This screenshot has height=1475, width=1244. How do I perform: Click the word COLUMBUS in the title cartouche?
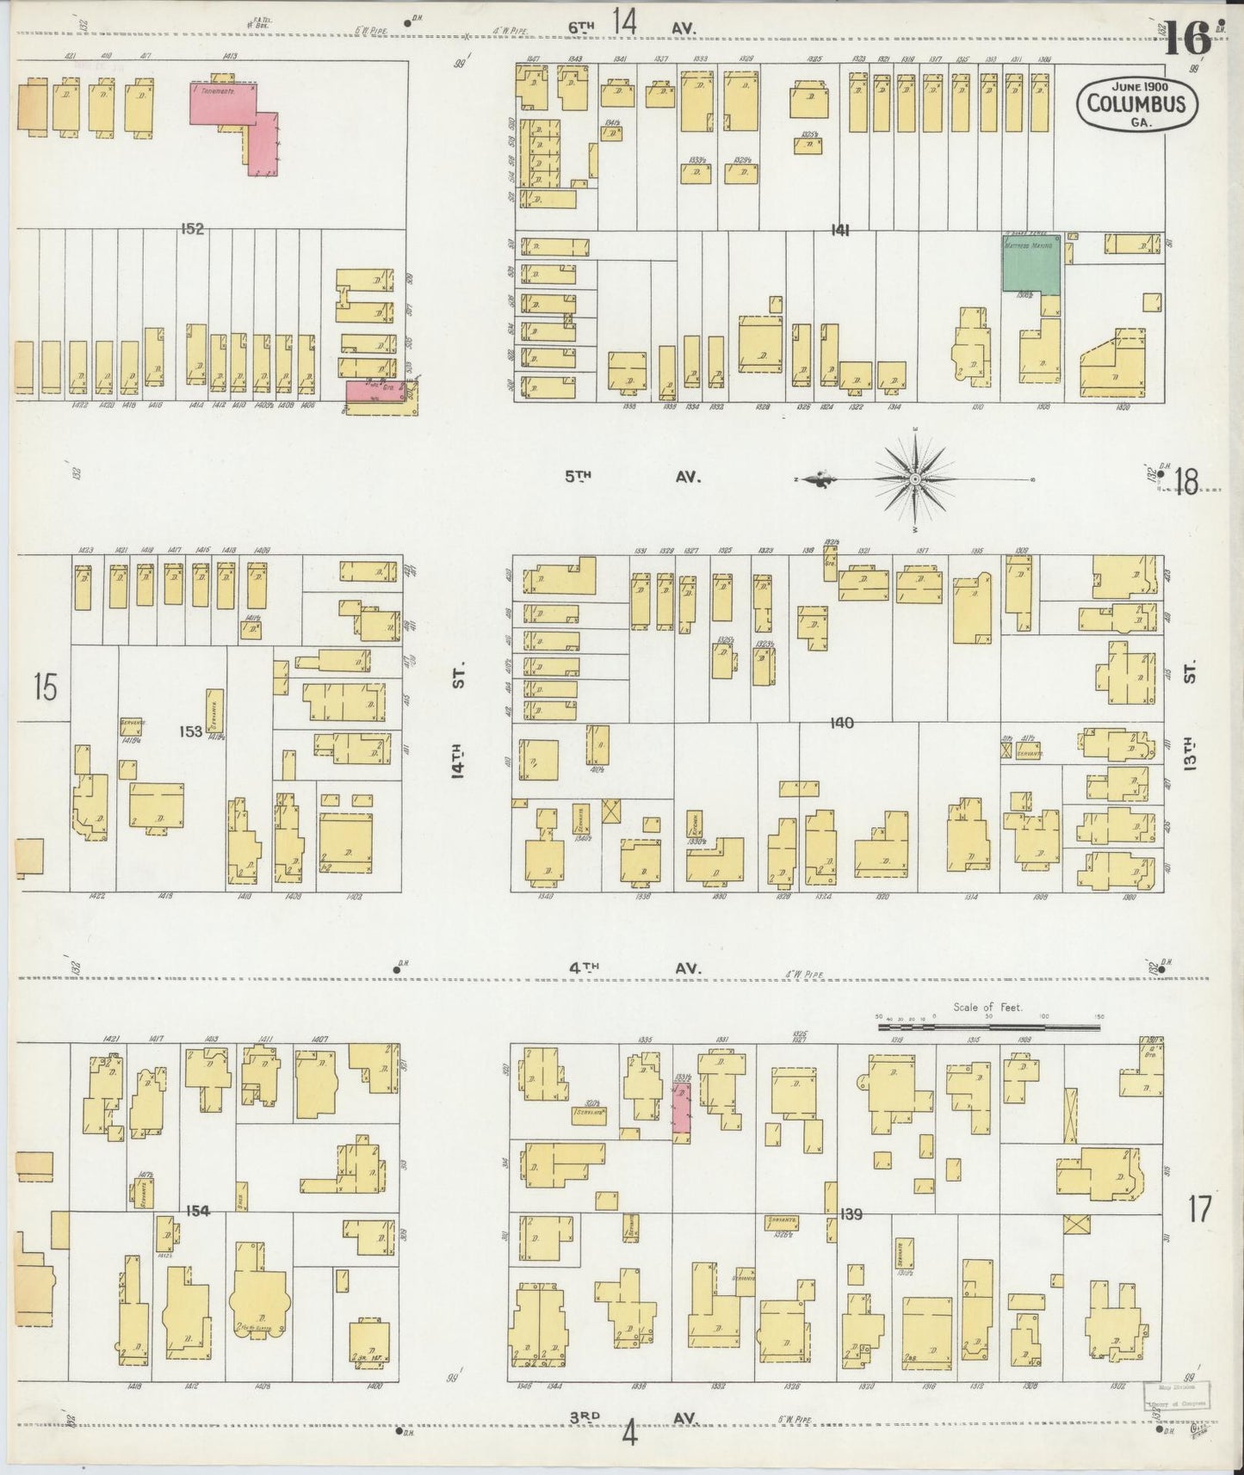click(1136, 104)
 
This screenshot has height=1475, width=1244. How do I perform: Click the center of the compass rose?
click(915, 478)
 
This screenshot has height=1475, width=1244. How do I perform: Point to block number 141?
click(840, 230)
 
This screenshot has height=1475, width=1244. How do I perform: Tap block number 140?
click(841, 723)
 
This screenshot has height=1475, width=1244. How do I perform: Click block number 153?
click(190, 731)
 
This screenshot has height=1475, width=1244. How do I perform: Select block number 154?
click(197, 1211)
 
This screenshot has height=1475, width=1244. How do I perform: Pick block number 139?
click(851, 1214)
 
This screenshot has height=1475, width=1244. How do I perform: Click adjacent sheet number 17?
click(1198, 1209)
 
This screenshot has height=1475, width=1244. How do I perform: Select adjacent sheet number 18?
click(1185, 484)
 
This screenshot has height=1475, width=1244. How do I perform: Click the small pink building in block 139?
click(681, 1108)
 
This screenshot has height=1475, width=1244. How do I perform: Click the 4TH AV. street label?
click(634, 968)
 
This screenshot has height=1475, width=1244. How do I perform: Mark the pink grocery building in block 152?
click(371, 390)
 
